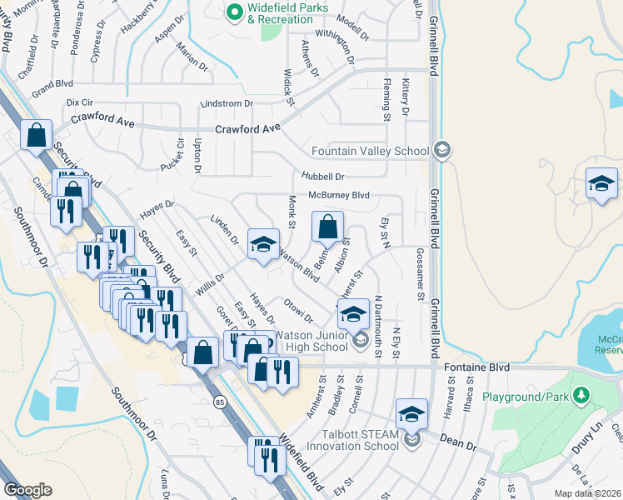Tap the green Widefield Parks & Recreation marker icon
pyautogui.click(x=235, y=12)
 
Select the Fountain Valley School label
pyautogui.click(x=370, y=151)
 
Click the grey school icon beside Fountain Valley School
pyautogui.click(x=442, y=150)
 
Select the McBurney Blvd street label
pyautogui.click(x=338, y=195)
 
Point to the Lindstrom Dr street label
pyautogui.click(x=226, y=103)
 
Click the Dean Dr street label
pyautogui.click(x=459, y=447)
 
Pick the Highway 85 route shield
pyautogui.click(x=220, y=402)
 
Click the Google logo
pyautogui.click(x=27, y=490)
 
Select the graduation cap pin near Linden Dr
pyautogui.click(x=263, y=246)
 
